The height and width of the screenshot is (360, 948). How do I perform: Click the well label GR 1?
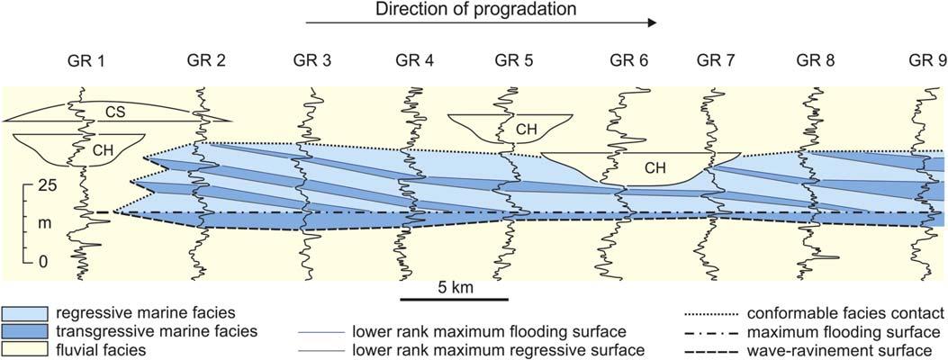pyautogui.click(x=87, y=61)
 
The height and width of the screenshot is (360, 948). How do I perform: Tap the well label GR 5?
pyautogui.click(x=514, y=61)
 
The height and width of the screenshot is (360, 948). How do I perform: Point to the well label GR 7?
pyautogui.click(x=717, y=61)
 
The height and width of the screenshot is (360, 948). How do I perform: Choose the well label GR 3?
pyautogui.click(x=312, y=61)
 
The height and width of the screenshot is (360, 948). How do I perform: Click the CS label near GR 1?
pyautogui.click(x=113, y=112)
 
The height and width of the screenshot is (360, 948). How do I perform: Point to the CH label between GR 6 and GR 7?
pyautogui.click(x=662, y=166)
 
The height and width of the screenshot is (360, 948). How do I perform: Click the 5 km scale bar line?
pyautogui.click(x=455, y=298)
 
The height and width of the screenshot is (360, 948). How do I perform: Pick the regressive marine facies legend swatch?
pyautogui.click(x=23, y=313)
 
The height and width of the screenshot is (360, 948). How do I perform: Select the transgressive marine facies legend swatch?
pyautogui.click(x=23, y=331)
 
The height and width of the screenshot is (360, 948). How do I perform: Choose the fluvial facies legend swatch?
pyautogui.click(x=23, y=349)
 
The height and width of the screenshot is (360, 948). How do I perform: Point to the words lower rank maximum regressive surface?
pyautogui.click(x=498, y=349)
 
